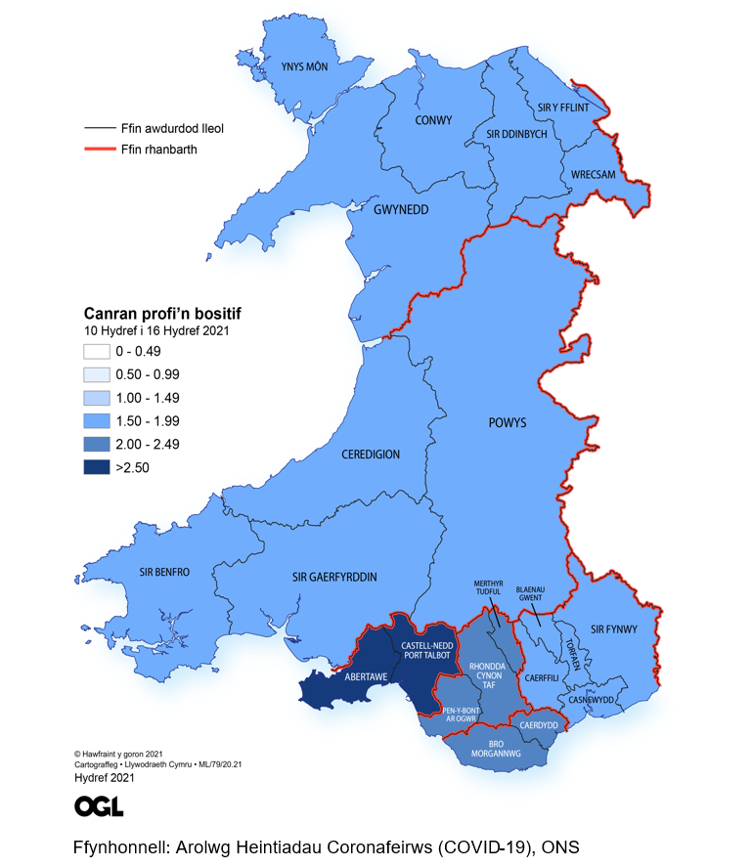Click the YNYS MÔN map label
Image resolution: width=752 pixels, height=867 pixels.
point(303,67)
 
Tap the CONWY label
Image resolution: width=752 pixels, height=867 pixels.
point(433,120)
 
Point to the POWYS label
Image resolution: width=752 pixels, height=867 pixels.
point(508,423)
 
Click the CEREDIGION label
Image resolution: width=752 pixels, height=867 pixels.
point(371,455)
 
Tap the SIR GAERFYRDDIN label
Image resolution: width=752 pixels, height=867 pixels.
point(334,577)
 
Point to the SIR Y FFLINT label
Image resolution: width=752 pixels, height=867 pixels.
point(564,108)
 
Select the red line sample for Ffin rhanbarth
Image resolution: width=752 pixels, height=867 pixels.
point(99,151)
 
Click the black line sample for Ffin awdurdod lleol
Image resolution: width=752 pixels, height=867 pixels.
point(99,128)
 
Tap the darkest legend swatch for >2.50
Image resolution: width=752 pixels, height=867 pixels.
point(95,467)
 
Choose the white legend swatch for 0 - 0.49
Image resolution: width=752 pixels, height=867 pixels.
point(95,351)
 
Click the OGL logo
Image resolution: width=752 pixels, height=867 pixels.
point(99,806)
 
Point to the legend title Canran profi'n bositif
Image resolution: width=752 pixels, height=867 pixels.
point(160,314)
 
